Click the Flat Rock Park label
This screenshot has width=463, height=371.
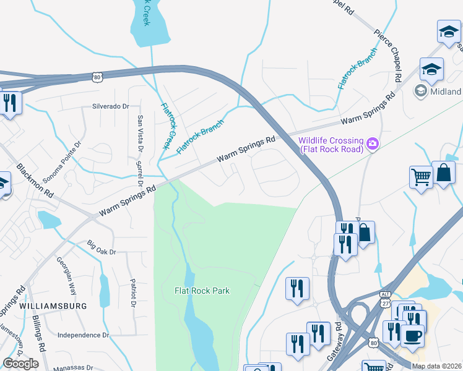click(x=202, y=290)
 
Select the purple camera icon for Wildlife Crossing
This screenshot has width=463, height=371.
click(x=373, y=144)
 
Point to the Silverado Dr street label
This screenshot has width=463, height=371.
click(x=111, y=106)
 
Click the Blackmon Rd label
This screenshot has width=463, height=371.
click(x=35, y=181)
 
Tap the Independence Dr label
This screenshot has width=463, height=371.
click(x=83, y=335)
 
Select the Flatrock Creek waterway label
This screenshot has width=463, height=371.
click(x=165, y=125)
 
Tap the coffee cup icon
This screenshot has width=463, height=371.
click(x=413, y=336)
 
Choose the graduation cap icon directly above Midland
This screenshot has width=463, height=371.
click(x=431, y=69)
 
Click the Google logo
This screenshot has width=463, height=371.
click(x=20, y=364)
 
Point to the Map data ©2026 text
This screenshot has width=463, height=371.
click(x=436, y=366)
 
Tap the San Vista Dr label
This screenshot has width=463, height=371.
click(x=141, y=133)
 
